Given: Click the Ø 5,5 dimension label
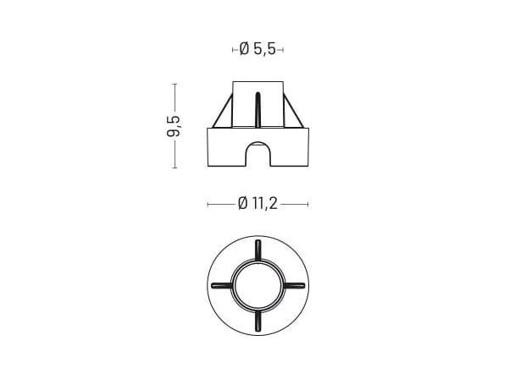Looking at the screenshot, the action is click(258, 50).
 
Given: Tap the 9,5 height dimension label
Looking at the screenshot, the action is click(174, 126).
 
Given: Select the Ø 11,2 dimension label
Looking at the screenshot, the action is click(258, 204).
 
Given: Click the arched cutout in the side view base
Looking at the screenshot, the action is click(258, 153).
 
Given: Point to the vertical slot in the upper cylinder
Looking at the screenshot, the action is click(258, 109).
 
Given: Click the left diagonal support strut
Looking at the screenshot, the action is click(222, 110).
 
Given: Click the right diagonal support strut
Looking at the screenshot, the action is click(293, 110).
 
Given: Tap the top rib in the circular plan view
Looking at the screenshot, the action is click(258, 250).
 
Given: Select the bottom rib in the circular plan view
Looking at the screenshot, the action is click(258, 321).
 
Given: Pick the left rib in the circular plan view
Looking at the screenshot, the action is click(222, 285).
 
